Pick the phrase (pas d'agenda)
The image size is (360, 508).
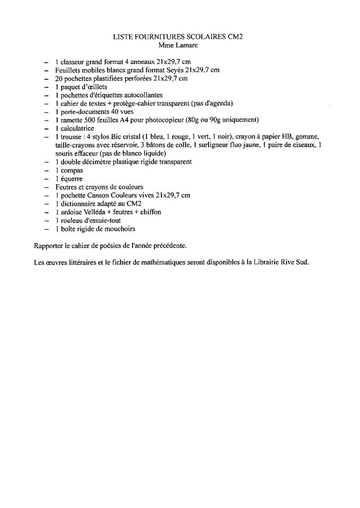pos(203,104)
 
